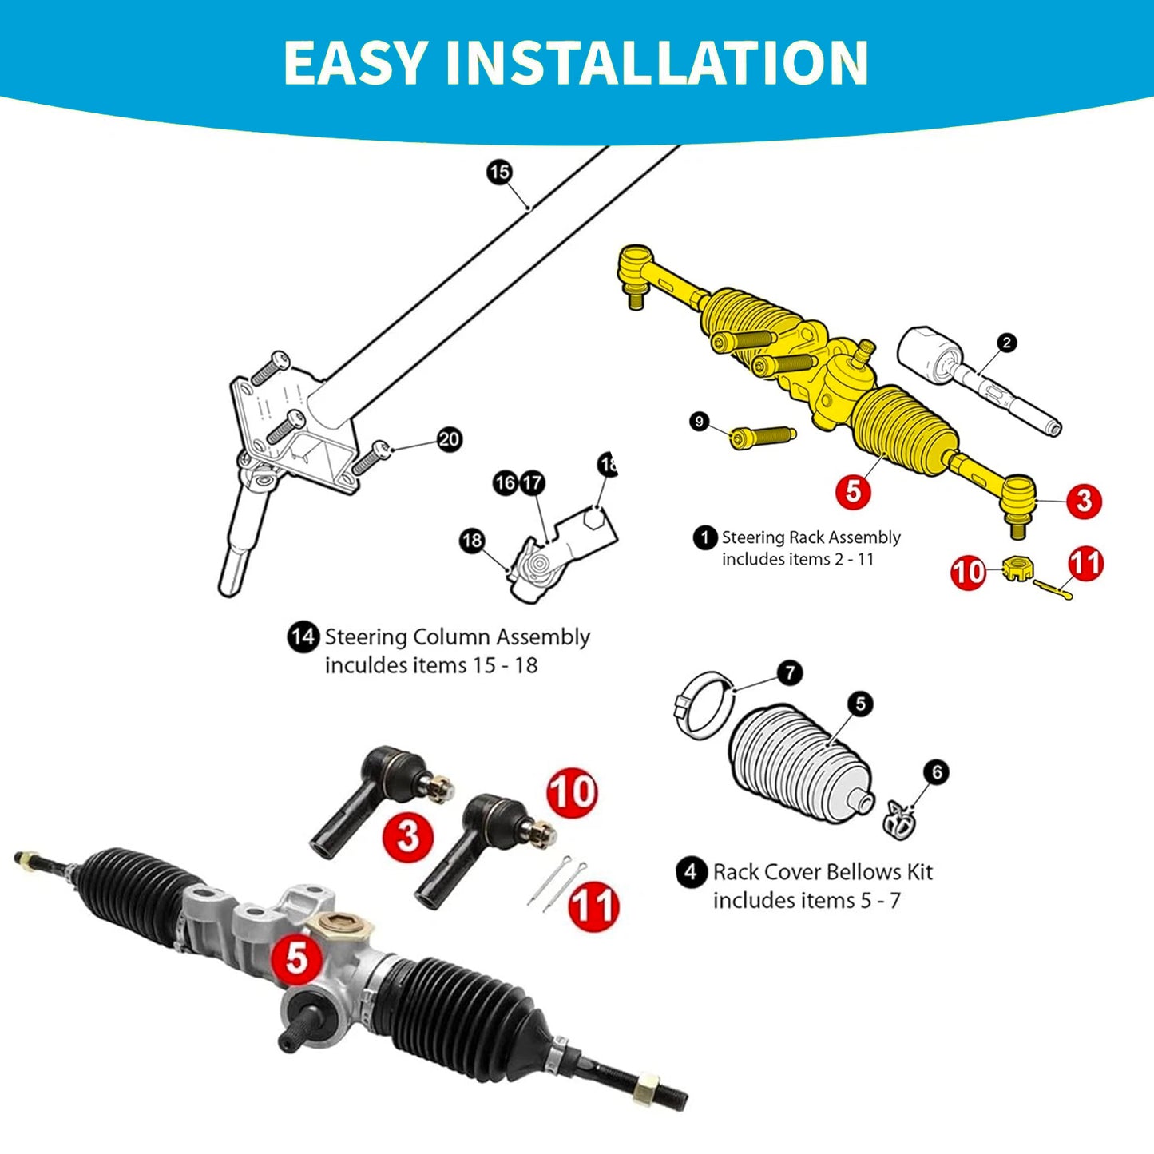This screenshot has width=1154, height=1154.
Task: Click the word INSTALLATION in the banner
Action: coord(656,62)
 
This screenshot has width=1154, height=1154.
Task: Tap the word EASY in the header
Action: coord(355,62)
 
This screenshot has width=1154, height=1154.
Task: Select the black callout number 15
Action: coord(499,172)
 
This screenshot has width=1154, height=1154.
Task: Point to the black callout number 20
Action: coord(450,439)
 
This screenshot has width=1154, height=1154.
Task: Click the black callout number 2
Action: coord(1007,343)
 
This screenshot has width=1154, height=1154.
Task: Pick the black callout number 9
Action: coord(700,421)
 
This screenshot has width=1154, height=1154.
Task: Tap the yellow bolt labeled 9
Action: coord(763,437)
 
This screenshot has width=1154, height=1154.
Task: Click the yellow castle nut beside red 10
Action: coord(1016,570)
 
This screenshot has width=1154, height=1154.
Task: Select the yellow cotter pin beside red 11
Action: coord(1053,589)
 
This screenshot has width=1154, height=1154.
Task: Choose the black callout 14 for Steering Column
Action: coord(303,637)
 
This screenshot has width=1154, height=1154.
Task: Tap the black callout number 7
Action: coord(790,672)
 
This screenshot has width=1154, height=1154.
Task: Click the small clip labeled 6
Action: coord(899,821)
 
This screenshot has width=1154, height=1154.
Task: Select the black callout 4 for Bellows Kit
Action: coord(691,871)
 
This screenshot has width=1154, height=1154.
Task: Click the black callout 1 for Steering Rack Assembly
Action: coord(704,537)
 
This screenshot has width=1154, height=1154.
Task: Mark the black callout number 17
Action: coord(532,482)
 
